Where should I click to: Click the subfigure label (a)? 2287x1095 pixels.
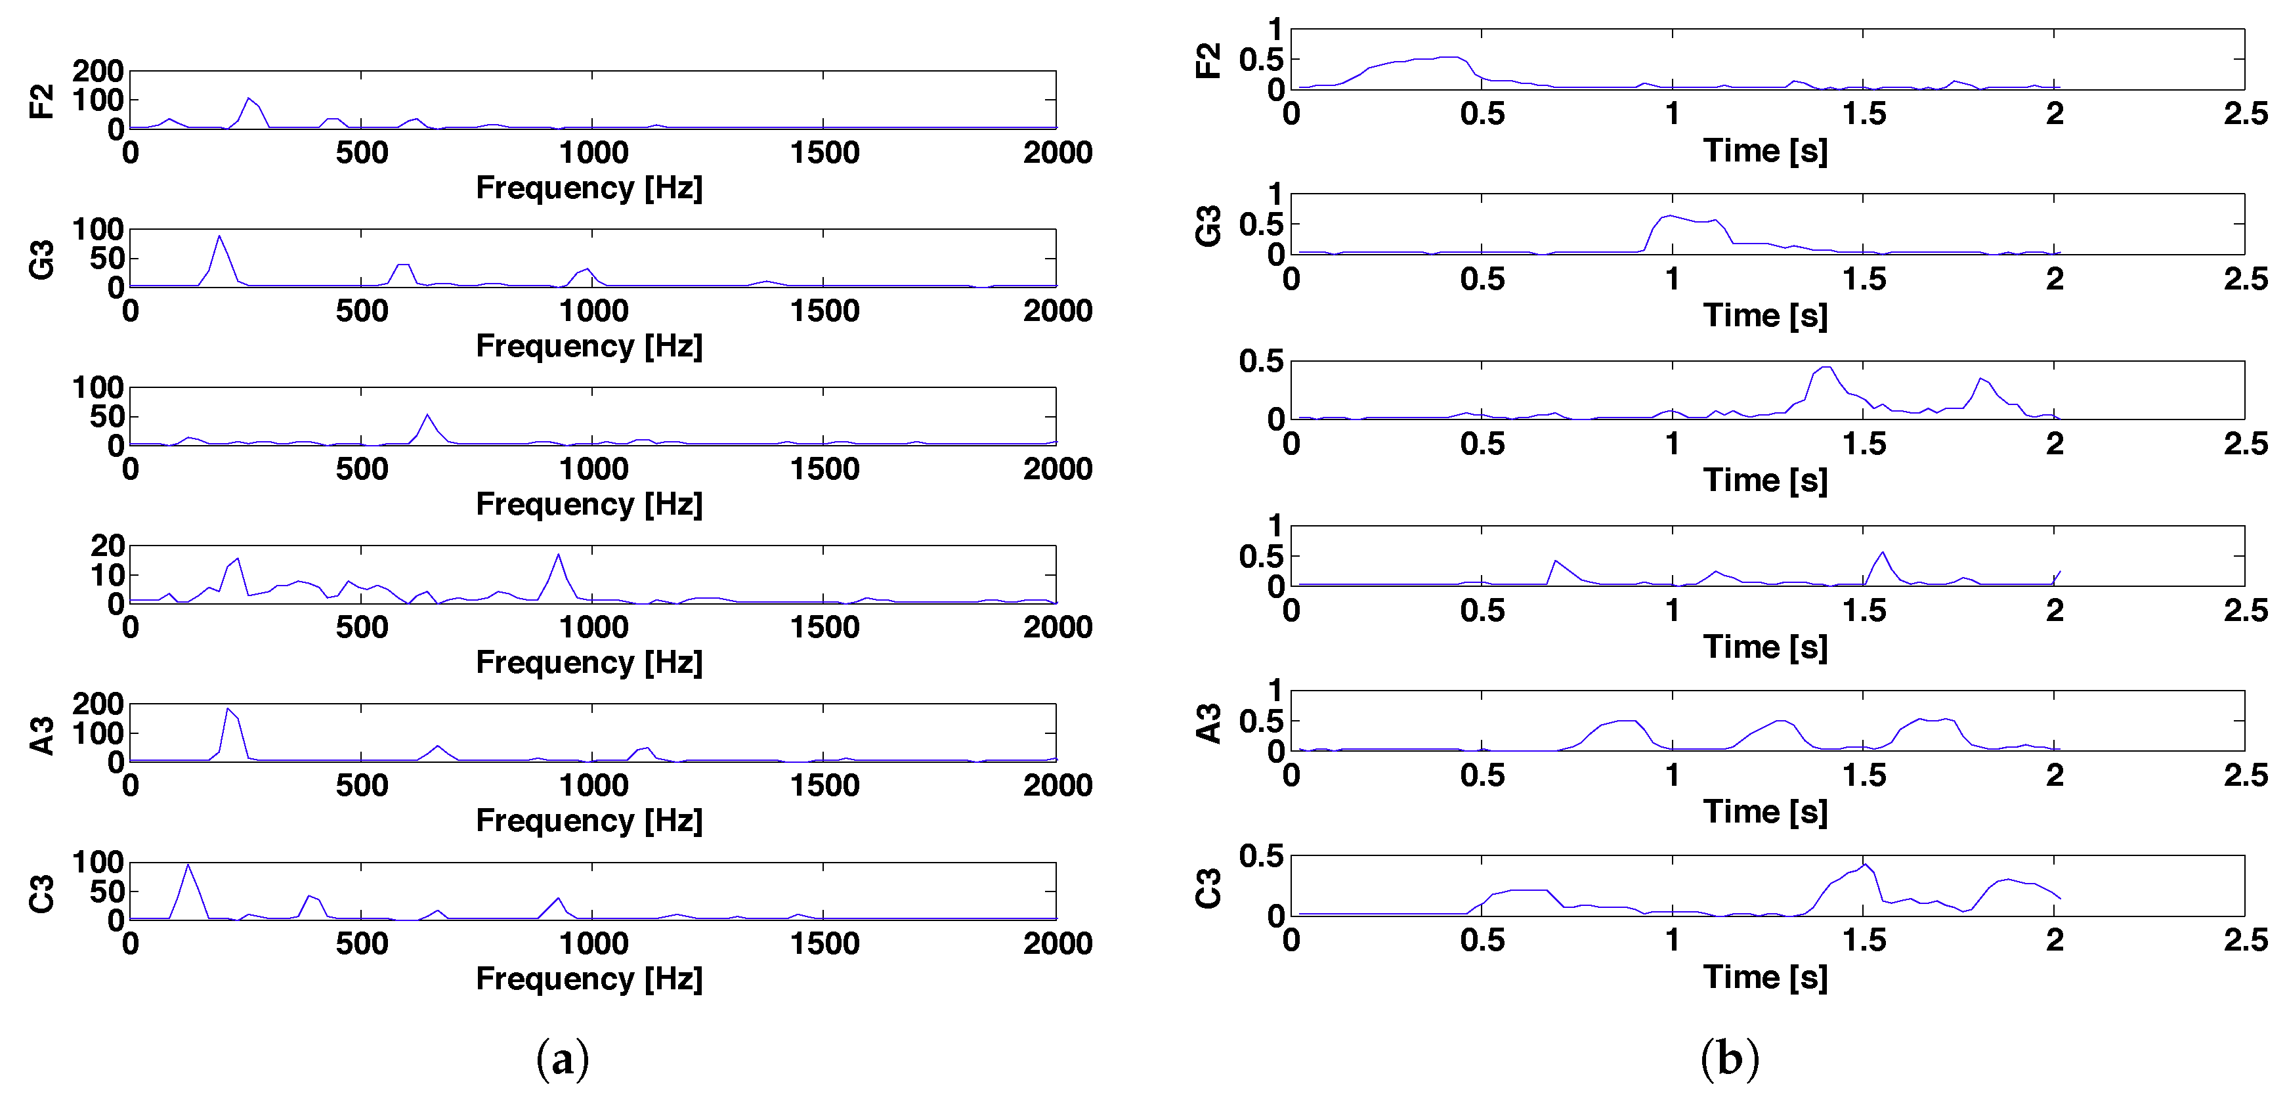[x=562, y=1059]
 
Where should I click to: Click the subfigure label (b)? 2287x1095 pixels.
[x=1730, y=1059]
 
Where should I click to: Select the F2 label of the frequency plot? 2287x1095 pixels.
[x=42, y=100]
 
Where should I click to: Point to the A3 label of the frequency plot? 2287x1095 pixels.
[x=42, y=735]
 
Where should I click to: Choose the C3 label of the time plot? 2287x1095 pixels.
[x=1209, y=889]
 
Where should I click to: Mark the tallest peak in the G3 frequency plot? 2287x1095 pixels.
[x=219, y=236]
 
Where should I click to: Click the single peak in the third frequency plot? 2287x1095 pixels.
[x=428, y=415]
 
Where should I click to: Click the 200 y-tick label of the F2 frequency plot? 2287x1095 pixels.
[x=98, y=71]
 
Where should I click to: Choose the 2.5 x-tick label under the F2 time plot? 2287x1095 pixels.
[x=2245, y=114]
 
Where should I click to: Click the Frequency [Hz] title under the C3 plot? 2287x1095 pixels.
[x=589, y=979]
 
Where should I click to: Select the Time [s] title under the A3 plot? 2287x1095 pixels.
[x=1765, y=811]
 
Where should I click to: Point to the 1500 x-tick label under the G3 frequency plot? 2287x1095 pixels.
[x=824, y=311]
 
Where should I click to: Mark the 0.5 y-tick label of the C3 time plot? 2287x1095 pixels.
[x=1261, y=856]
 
